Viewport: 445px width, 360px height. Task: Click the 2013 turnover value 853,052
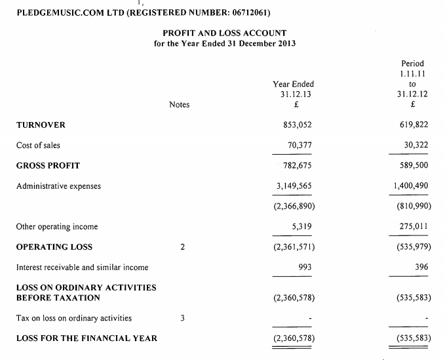292,125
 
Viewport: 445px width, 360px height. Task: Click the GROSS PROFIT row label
48,165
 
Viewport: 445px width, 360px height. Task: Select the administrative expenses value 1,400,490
411,186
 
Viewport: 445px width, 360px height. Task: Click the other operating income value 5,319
300,226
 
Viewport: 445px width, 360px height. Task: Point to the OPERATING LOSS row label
54,247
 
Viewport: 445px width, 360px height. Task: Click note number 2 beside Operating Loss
182,247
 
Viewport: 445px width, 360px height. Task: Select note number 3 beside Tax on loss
182,318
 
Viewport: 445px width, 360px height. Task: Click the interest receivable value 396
421,267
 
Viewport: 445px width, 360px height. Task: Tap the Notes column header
179,104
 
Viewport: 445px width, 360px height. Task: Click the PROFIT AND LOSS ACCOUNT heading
224,33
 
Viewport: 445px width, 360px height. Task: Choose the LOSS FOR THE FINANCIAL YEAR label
87,338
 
